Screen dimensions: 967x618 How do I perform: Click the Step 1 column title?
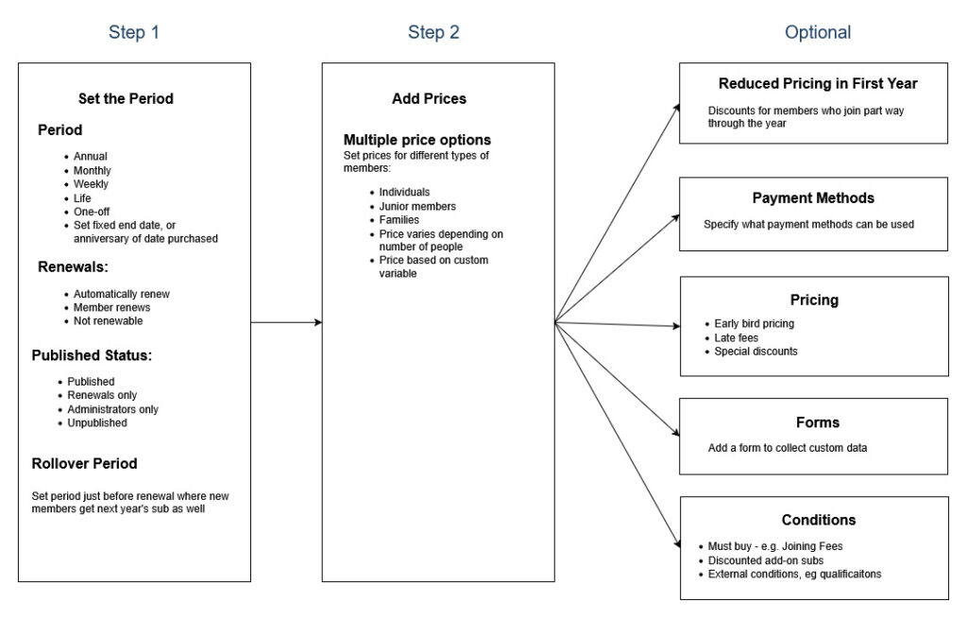[x=134, y=32]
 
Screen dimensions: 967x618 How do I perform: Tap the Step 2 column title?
[x=433, y=32]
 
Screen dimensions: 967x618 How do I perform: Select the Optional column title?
[x=818, y=32]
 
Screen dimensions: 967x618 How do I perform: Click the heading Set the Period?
[x=126, y=99]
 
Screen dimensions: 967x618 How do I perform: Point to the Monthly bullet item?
[x=92, y=170]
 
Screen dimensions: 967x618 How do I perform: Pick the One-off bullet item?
[x=92, y=212]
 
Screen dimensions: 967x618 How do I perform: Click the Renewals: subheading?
[x=73, y=266]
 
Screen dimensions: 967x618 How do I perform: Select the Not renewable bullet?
[x=108, y=321]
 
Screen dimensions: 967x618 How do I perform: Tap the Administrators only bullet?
[x=113, y=409]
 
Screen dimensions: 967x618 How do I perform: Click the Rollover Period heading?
[x=84, y=464]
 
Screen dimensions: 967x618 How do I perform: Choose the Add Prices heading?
[x=430, y=99]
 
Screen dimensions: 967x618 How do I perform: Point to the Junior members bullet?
[x=417, y=206]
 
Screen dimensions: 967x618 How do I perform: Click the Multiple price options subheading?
[x=417, y=140]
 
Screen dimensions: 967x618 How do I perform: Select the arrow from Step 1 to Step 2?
[x=286, y=322]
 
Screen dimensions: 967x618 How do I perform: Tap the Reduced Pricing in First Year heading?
[x=818, y=83]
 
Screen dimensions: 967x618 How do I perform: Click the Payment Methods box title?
[x=813, y=198]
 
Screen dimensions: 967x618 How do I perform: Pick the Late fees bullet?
[x=736, y=337]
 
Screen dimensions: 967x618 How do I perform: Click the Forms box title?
[x=818, y=423]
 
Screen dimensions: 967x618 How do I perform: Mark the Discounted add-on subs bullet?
[x=765, y=560]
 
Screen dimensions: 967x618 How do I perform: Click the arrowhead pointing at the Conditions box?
[x=677, y=543]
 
